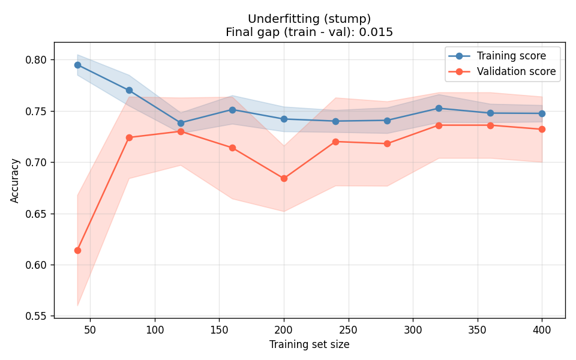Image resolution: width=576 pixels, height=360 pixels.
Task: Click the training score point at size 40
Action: point(77,65)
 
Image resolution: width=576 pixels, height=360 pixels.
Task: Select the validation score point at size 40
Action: point(77,250)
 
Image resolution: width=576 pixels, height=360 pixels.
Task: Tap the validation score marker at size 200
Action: point(284,178)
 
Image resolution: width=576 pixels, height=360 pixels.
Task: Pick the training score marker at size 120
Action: point(181,123)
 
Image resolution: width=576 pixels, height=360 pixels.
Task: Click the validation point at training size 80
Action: point(129,137)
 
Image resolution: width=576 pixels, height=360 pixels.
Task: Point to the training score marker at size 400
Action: point(542,113)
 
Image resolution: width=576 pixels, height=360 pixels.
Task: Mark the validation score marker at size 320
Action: point(439,125)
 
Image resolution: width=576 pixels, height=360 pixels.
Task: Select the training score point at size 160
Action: point(232,110)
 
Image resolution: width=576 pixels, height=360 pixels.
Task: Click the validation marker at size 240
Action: point(335,142)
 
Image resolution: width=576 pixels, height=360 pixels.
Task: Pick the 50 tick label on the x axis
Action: point(91,329)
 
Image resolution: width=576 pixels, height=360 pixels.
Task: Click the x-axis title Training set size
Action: point(309,344)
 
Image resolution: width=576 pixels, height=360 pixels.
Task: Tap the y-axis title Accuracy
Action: point(15,180)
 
